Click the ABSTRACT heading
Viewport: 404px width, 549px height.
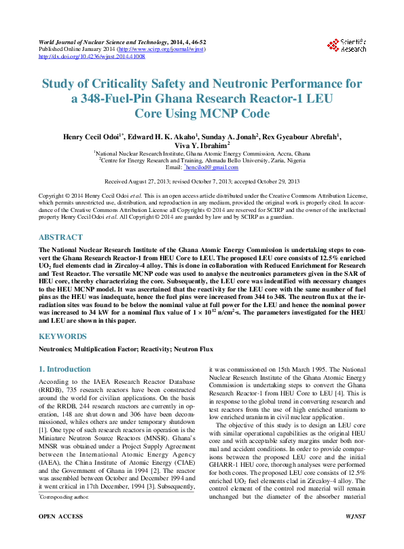(x=61, y=238)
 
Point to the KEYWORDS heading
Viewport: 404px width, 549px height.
(x=62, y=336)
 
